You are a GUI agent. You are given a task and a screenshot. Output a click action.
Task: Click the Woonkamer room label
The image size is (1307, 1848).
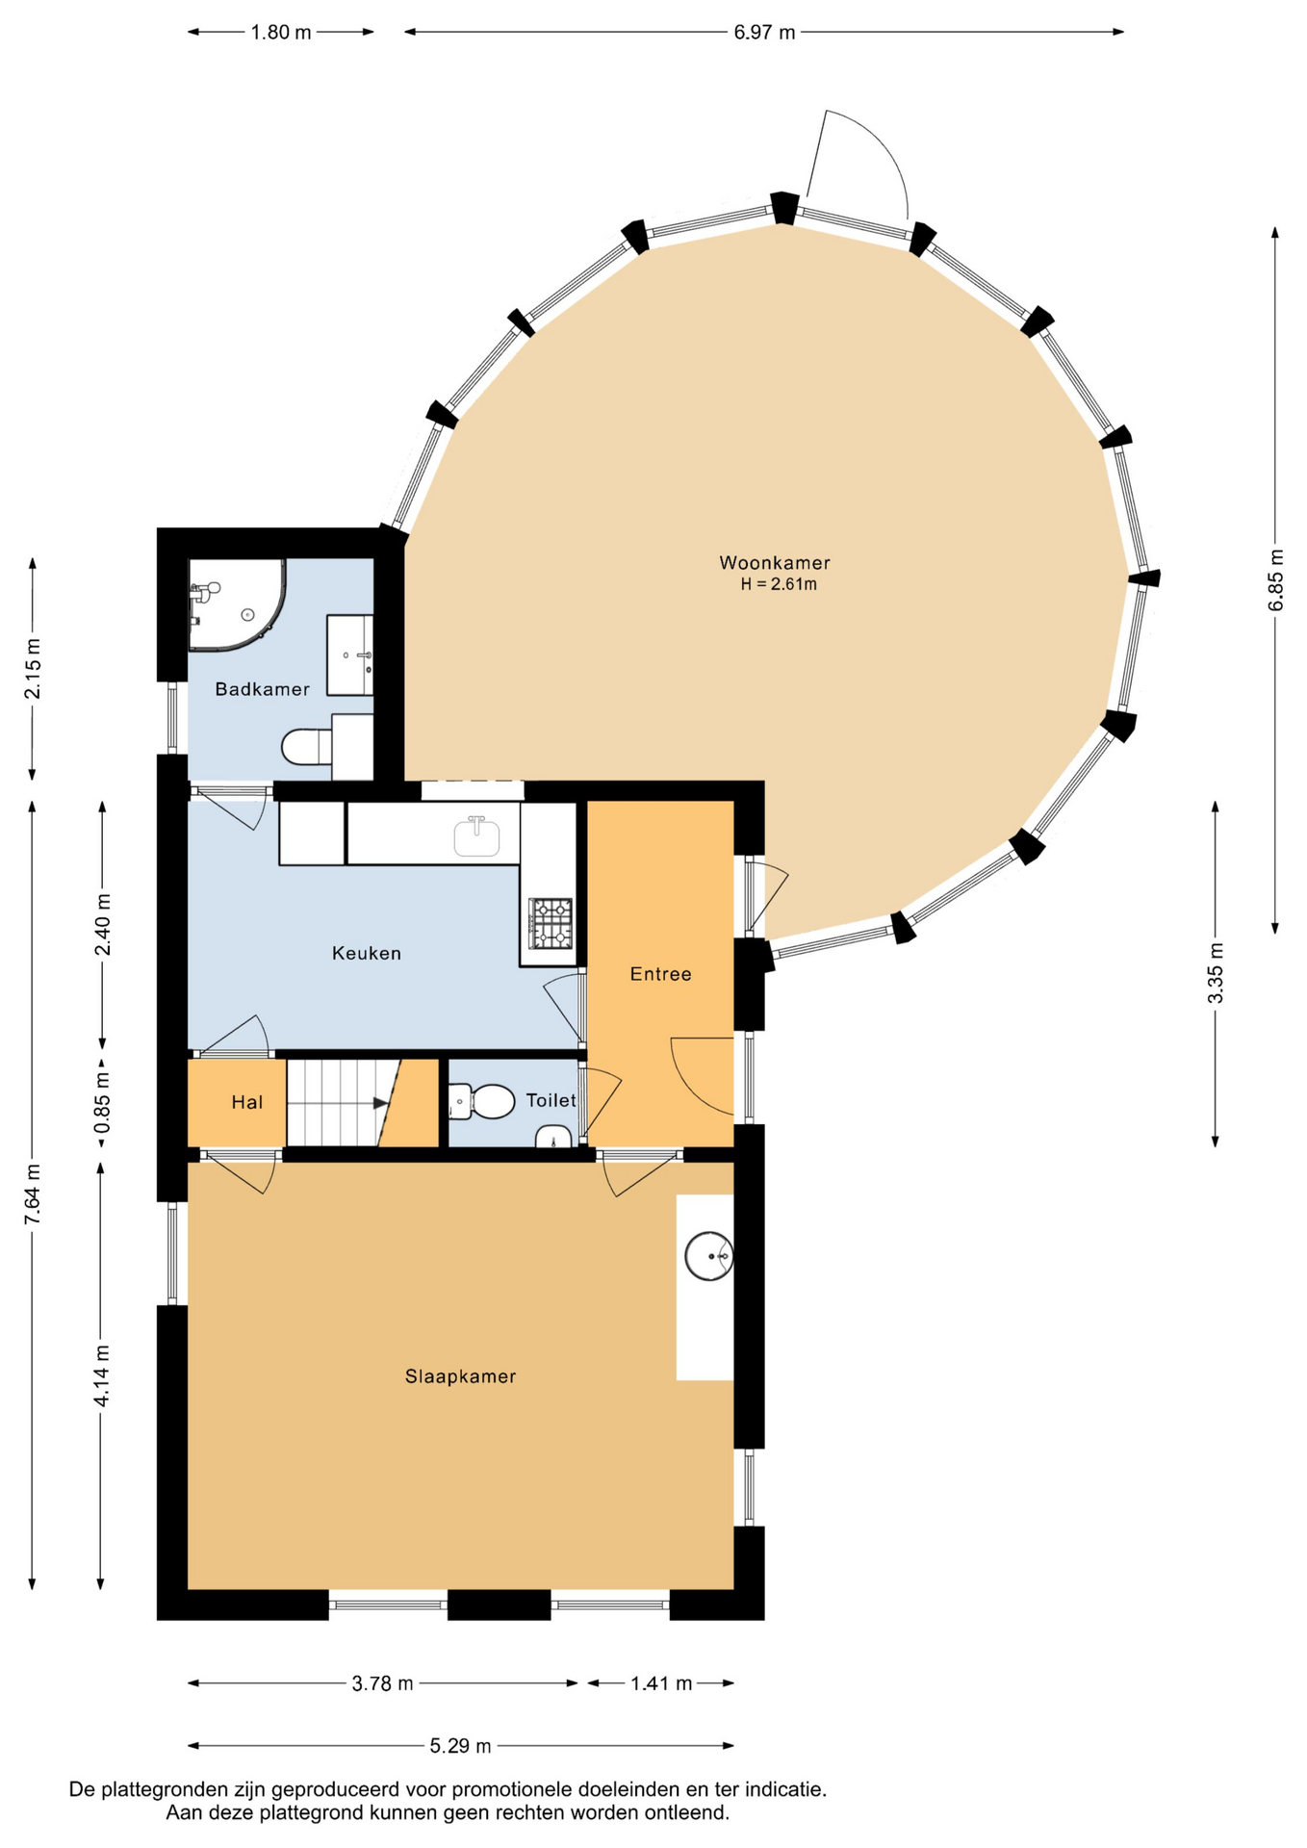[x=774, y=563]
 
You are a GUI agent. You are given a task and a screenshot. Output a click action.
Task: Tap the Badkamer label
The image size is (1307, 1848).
[x=262, y=689]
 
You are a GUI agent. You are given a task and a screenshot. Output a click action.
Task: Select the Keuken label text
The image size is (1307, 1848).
[x=366, y=953]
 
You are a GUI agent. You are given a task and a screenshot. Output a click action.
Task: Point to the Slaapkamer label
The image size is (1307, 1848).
[x=460, y=1376]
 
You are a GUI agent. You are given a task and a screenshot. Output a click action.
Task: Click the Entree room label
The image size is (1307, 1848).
[x=660, y=974]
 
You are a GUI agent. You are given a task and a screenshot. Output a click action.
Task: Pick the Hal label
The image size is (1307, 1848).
[x=246, y=1102]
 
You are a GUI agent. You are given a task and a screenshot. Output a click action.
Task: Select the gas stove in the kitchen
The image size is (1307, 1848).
[x=551, y=923]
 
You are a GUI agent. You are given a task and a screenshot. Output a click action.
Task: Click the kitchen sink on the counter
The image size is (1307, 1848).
[x=476, y=835]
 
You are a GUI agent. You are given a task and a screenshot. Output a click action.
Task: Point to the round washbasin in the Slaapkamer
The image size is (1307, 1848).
[x=709, y=1256]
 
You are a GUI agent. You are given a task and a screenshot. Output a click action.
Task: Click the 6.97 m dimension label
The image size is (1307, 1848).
[x=764, y=33]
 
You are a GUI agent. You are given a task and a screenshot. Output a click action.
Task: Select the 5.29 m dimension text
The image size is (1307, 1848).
[x=460, y=1746]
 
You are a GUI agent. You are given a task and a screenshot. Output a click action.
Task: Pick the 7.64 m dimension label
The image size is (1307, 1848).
[x=33, y=1194]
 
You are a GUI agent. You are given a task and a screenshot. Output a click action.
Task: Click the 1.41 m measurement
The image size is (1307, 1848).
[x=661, y=1683]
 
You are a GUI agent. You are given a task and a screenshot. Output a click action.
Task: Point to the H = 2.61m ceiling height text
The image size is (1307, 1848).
[x=779, y=584]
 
